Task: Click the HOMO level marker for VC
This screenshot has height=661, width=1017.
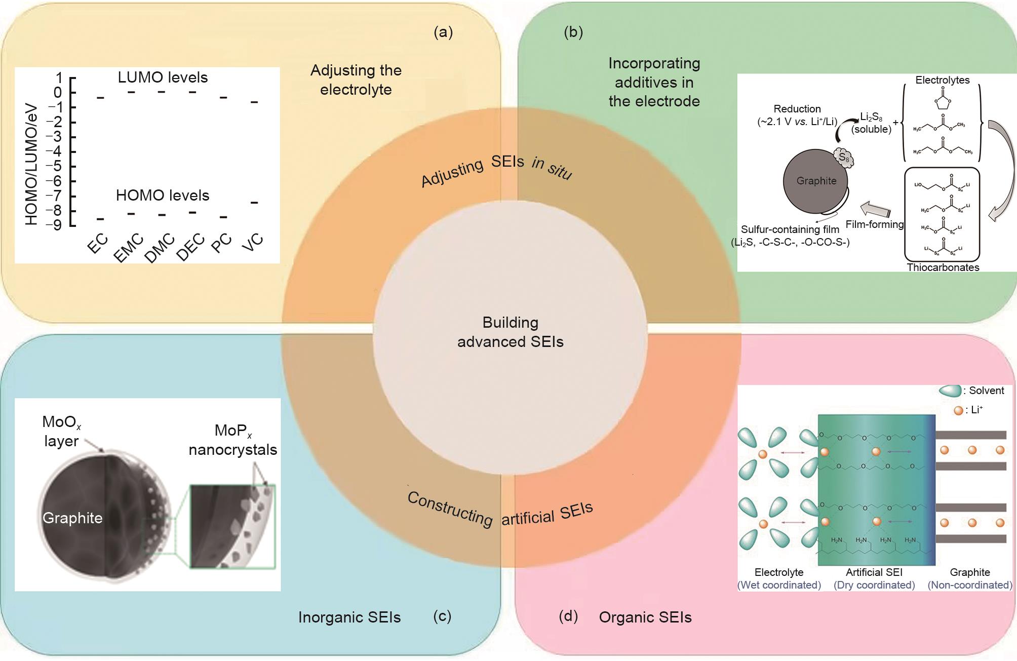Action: tap(254, 203)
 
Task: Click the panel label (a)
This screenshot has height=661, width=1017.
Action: tap(443, 32)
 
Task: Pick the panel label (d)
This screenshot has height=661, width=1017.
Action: tap(568, 616)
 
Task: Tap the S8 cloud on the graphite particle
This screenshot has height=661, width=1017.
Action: tap(844, 158)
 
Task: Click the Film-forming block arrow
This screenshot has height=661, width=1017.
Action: tap(875, 209)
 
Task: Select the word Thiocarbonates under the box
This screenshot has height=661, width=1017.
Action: tap(943, 267)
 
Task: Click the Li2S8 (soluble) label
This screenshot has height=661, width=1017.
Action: tap(871, 123)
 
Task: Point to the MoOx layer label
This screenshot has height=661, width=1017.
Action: tap(61, 431)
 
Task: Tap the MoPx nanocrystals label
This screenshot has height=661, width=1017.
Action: tap(233, 440)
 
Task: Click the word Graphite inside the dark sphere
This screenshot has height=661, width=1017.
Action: tap(72, 518)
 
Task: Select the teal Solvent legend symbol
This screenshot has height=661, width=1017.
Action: tap(949, 391)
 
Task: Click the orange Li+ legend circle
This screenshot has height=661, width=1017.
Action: tap(958, 411)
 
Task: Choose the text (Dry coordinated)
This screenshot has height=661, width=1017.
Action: tap(874, 585)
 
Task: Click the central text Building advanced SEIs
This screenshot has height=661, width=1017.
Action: tap(510, 332)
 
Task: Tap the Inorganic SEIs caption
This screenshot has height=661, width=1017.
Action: tap(349, 617)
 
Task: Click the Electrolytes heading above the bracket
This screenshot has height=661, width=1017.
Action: tap(942, 80)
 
